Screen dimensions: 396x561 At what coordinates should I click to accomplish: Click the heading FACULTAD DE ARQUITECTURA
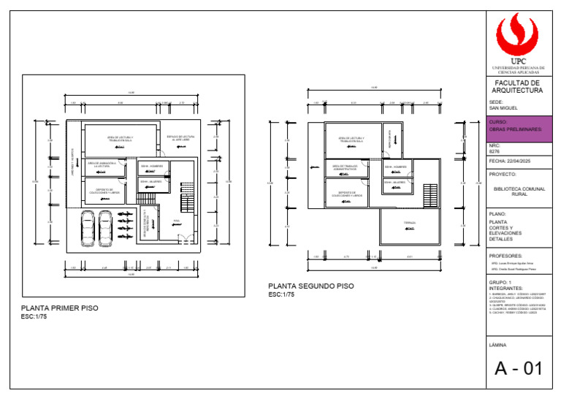(x=518, y=87)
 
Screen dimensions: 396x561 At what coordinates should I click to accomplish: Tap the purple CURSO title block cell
(x=518, y=129)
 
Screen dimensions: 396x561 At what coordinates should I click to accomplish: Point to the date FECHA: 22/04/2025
(x=508, y=161)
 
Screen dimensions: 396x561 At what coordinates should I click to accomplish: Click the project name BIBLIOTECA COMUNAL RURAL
(x=518, y=191)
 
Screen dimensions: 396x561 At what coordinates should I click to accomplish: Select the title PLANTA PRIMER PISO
(x=59, y=308)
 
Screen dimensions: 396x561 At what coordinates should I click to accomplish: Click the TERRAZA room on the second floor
(x=410, y=224)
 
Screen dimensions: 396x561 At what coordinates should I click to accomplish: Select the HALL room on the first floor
(x=178, y=224)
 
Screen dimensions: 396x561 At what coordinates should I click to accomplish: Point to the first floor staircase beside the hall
(x=187, y=194)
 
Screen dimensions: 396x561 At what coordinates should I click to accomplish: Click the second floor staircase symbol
(x=430, y=196)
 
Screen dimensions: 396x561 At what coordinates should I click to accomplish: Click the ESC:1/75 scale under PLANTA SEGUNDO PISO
(x=281, y=294)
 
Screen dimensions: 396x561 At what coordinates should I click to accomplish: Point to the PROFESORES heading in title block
(x=505, y=256)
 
